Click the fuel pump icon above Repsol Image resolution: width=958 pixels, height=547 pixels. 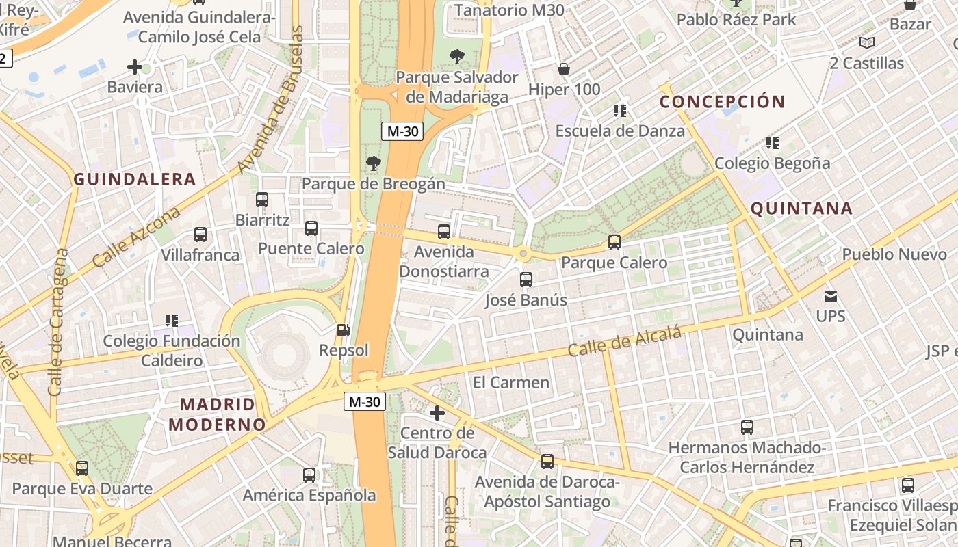click(x=343, y=330)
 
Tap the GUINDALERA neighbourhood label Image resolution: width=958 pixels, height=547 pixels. click(x=135, y=180)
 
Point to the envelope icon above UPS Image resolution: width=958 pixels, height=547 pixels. click(x=831, y=297)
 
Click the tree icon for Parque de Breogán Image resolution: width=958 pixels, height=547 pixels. click(x=373, y=163)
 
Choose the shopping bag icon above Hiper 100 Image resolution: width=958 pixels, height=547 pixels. click(x=564, y=69)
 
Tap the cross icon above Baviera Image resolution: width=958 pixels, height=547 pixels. click(x=135, y=67)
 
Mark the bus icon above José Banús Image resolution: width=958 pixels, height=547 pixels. click(x=526, y=280)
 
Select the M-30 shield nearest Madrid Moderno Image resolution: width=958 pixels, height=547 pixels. click(x=364, y=402)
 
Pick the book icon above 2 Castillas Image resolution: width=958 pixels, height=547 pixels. click(x=867, y=43)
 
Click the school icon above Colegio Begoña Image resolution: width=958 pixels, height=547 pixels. click(x=773, y=143)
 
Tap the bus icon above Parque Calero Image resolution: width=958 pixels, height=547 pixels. click(x=614, y=242)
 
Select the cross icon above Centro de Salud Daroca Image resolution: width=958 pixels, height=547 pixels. click(x=437, y=412)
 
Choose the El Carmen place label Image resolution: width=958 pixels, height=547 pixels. click(x=511, y=382)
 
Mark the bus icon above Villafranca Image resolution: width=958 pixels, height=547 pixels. click(x=200, y=235)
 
